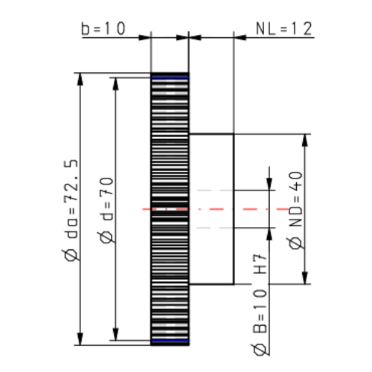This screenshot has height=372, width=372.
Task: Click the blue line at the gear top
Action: point(170,76)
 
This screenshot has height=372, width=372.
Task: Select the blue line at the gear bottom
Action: point(170,341)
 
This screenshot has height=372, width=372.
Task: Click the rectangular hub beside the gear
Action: point(212,209)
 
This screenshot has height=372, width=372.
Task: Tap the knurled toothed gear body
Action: point(170,149)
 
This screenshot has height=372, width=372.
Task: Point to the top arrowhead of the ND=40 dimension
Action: point(305,139)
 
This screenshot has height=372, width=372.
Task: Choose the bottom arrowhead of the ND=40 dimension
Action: point(305,280)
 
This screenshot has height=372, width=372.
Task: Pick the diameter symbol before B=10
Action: point(260,350)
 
